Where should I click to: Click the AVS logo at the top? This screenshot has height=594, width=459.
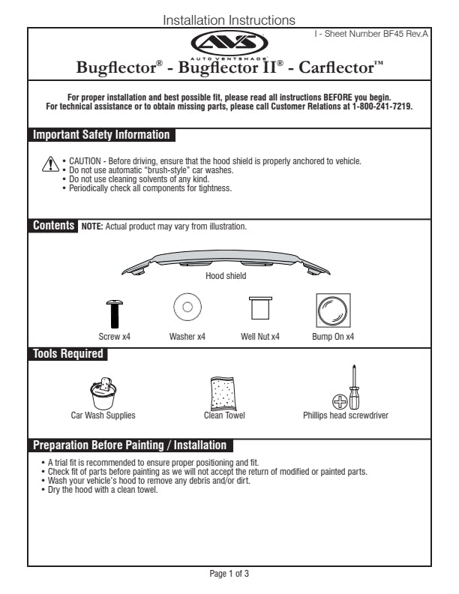pyautogui.click(x=229, y=43)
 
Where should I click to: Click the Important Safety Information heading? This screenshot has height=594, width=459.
pyautogui.click(x=101, y=136)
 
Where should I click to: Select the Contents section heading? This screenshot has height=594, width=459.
pyautogui.click(x=53, y=226)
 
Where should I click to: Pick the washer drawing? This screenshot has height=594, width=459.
pyautogui.click(x=187, y=307)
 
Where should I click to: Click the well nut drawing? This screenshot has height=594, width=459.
pyautogui.click(x=260, y=307)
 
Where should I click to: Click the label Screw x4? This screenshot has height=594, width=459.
pyautogui.click(x=115, y=337)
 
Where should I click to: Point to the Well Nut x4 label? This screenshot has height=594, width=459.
pyautogui.click(x=260, y=337)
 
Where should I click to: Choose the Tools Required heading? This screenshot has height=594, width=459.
pyautogui.click(x=68, y=354)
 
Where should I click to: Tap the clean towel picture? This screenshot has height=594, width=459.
pyautogui.click(x=224, y=391)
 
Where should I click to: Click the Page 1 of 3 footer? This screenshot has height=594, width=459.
pyautogui.click(x=229, y=574)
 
